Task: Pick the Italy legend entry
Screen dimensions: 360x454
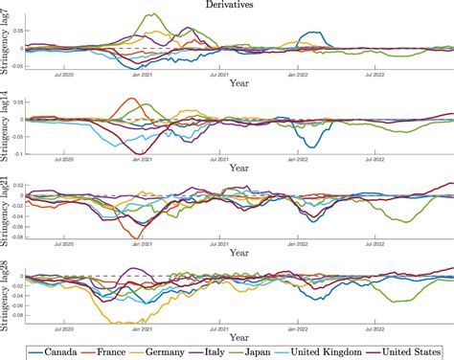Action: (232, 350)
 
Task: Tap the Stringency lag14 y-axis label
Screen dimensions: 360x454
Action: (8, 124)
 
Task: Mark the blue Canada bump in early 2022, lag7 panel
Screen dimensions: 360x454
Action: (312, 34)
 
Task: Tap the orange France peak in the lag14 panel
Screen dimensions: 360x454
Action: (133, 99)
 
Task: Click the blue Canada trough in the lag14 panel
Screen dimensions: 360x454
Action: (310, 146)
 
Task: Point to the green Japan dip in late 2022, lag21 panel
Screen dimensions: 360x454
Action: (407, 221)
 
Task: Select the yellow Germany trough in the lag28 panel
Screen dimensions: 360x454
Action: (120, 323)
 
